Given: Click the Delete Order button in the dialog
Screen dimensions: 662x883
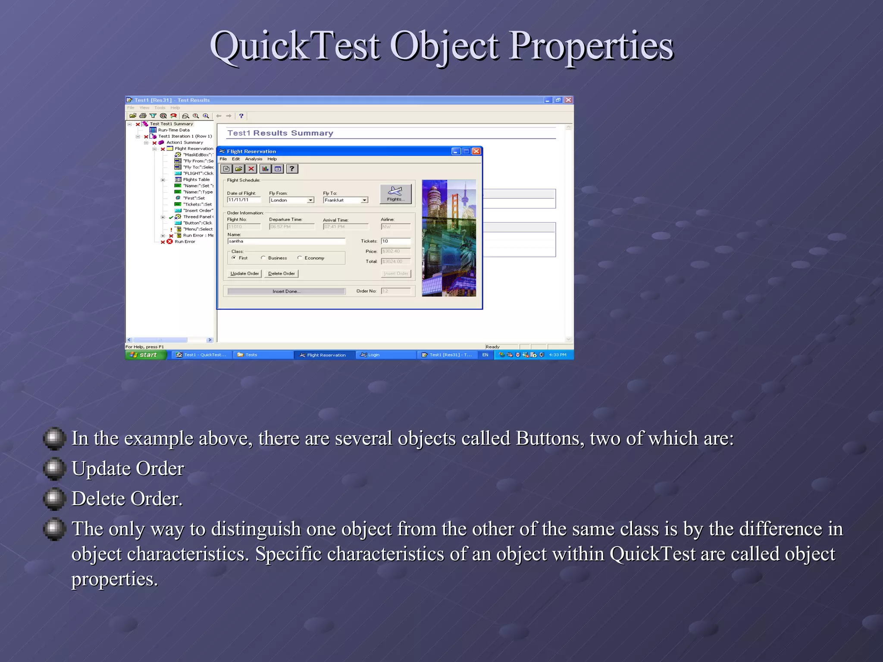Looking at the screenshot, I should coord(281,274).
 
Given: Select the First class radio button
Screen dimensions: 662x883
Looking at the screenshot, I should coord(234,258).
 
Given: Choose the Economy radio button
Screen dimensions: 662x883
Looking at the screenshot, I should coord(300,258).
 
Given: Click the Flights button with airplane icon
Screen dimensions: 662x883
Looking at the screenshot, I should coord(395,194).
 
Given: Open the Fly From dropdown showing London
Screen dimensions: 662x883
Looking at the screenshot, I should coord(310,200).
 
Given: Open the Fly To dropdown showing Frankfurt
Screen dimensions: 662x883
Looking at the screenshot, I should coord(364,200).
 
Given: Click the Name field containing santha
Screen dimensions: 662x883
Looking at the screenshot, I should coord(286,241).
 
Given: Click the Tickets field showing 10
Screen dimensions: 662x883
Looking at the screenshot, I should coord(395,241).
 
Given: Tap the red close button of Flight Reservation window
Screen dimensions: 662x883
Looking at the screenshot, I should coord(476,151).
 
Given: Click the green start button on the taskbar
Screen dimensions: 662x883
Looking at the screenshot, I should coord(146,355).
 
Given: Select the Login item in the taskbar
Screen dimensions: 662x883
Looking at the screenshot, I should coord(373,355).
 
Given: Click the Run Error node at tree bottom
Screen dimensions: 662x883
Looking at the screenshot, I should coord(185,242).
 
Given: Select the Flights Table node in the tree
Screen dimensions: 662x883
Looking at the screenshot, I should coord(196,180).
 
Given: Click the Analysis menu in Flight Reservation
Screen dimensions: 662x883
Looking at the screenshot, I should coord(254,159).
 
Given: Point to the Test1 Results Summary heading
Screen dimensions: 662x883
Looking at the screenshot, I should coord(280,133).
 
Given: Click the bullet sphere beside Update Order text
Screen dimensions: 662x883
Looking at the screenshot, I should coord(54,468).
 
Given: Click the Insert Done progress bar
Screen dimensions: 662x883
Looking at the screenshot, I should coord(286,291).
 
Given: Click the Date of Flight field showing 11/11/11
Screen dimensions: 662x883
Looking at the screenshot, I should coord(244,200).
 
